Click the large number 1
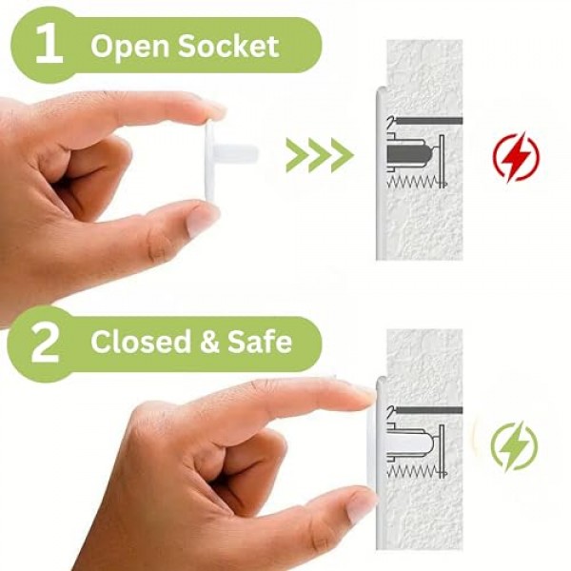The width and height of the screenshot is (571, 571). pyautogui.click(x=49, y=45)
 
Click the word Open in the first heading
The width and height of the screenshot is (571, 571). pyautogui.click(x=129, y=47)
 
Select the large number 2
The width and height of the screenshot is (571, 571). pyautogui.click(x=45, y=344)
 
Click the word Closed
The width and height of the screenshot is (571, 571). pyautogui.click(x=141, y=341)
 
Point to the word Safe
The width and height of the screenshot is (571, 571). pyautogui.click(x=260, y=341)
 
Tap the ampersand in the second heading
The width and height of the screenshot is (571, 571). pyautogui.click(x=209, y=341)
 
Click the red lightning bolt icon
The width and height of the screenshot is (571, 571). pyautogui.click(x=516, y=157)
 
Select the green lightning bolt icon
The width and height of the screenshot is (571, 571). pyautogui.click(x=514, y=445)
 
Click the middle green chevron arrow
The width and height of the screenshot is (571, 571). pyautogui.click(x=320, y=155)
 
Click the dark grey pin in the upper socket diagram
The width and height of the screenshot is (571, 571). pyautogui.click(x=409, y=154)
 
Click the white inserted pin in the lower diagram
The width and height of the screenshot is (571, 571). pyautogui.click(x=409, y=445)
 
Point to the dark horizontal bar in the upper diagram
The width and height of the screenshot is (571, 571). pyautogui.click(x=429, y=121)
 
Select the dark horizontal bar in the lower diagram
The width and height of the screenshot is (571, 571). pyautogui.click(x=429, y=410)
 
